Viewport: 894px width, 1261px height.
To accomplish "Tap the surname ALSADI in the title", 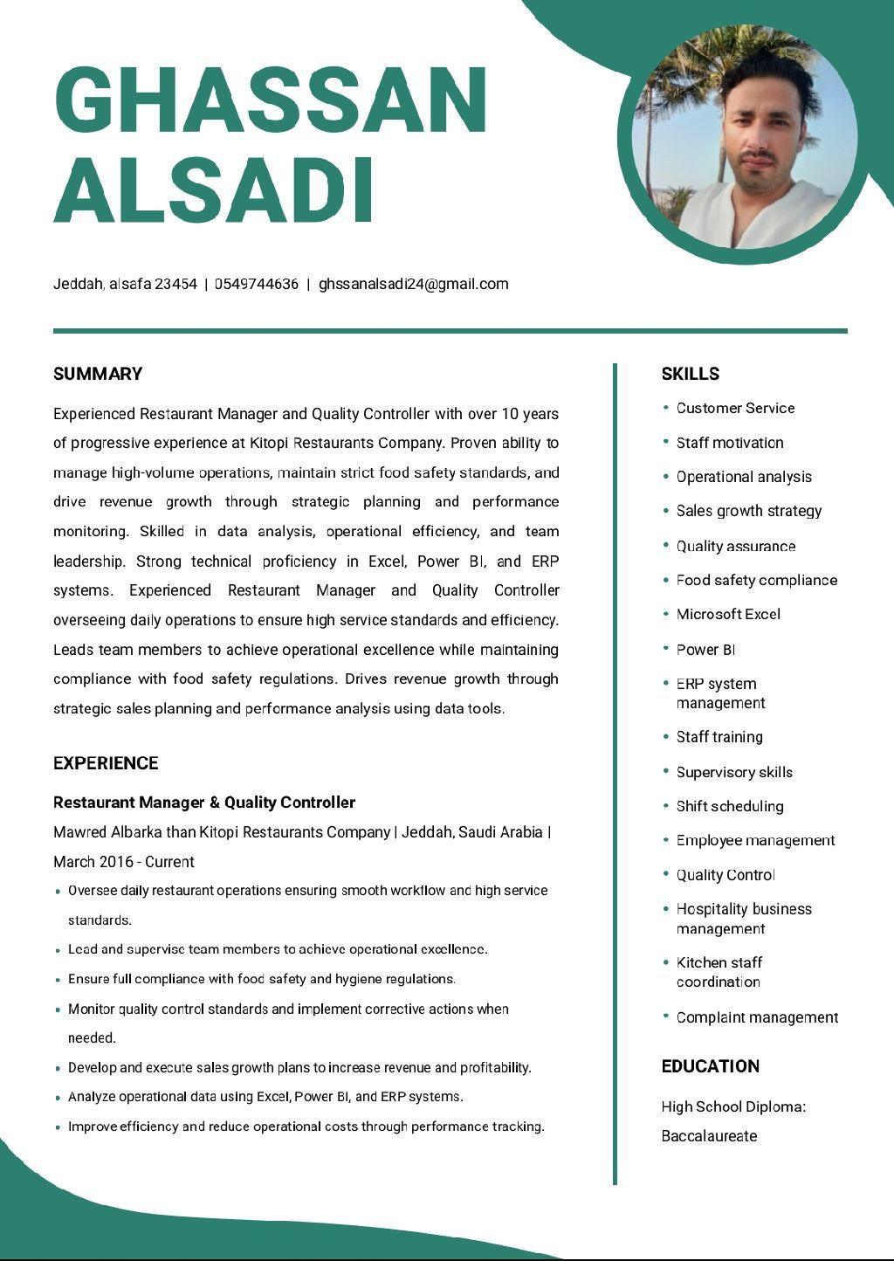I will (215, 189).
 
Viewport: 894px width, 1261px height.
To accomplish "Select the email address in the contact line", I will (413, 284).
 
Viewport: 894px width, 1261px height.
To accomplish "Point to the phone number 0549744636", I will (257, 284).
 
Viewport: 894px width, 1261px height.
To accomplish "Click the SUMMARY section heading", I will (98, 374).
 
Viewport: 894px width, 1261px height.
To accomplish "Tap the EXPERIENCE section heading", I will (106, 763).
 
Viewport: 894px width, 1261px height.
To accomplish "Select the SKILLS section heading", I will (691, 374).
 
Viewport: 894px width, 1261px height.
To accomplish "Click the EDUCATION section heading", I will (711, 1066).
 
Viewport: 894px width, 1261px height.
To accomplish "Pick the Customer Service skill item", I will (735, 408).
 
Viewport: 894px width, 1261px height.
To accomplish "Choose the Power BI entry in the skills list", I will (705, 650).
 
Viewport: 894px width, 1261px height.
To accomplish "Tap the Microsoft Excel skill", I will (728, 614).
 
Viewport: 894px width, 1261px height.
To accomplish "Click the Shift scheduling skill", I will (730, 806).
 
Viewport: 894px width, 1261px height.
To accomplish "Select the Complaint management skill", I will (757, 1017).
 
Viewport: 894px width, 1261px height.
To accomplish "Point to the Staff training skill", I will (719, 737).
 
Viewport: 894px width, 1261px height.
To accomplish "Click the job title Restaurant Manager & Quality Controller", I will (204, 803).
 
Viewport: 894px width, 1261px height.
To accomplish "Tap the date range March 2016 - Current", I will (124, 862).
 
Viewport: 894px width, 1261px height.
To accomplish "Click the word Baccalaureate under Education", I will (709, 1136).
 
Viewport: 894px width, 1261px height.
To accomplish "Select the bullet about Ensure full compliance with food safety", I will (262, 979).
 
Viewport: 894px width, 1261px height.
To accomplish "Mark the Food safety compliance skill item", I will (756, 580).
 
